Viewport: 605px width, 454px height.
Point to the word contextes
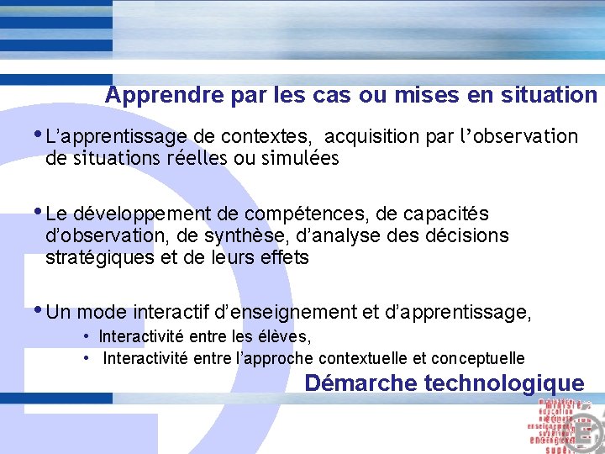tap(274, 136)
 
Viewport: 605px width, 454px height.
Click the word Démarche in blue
tap(360, 384)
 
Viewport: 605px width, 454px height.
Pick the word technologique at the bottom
tap(504, 384)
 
